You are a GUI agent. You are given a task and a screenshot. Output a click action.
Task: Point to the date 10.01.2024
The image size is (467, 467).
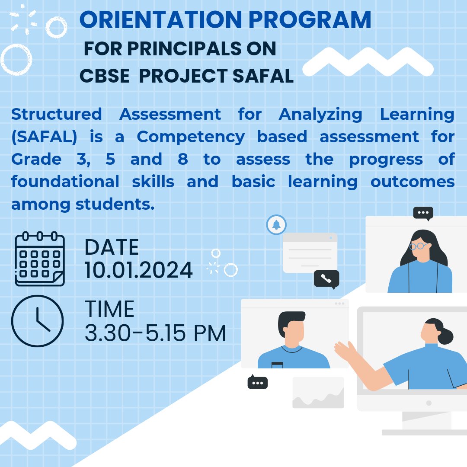(138, 270)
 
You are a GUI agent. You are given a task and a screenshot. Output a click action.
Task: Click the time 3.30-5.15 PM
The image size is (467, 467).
(155, 333)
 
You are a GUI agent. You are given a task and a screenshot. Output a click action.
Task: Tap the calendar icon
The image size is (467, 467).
(40, 259)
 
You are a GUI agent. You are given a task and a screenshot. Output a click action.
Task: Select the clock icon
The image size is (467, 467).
(37, 321)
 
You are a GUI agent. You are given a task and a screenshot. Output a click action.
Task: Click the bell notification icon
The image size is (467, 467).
(276, 224)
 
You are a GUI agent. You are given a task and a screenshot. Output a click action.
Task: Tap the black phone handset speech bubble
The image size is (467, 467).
(326, 279)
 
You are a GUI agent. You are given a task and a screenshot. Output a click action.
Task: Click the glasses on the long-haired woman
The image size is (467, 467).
(418, 246)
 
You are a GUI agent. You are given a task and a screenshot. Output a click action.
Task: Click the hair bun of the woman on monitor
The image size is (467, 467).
(446, 336)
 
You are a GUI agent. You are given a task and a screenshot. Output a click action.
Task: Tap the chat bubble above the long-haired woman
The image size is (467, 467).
(423, 213)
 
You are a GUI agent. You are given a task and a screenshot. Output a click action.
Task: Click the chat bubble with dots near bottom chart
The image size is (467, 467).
(257, 383)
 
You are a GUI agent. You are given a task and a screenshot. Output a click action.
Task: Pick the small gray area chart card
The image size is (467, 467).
(318, 393)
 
